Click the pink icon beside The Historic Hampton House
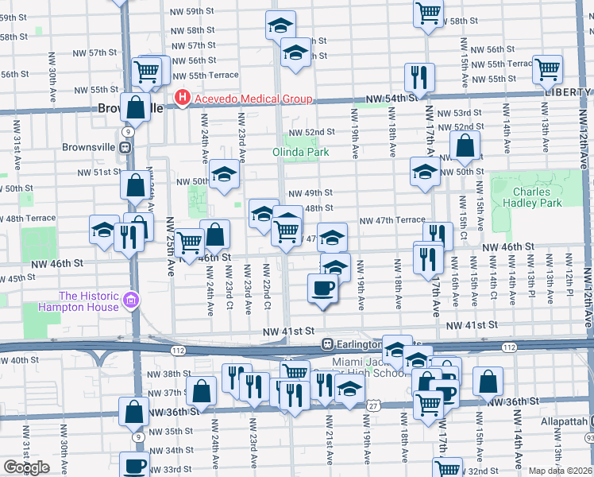132,301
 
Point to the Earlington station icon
326,343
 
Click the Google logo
26,467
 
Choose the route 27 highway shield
372,405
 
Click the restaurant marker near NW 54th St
418,77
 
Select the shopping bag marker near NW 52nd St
465,145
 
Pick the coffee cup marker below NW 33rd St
133,464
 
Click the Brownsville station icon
125,147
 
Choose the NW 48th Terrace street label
27,218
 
